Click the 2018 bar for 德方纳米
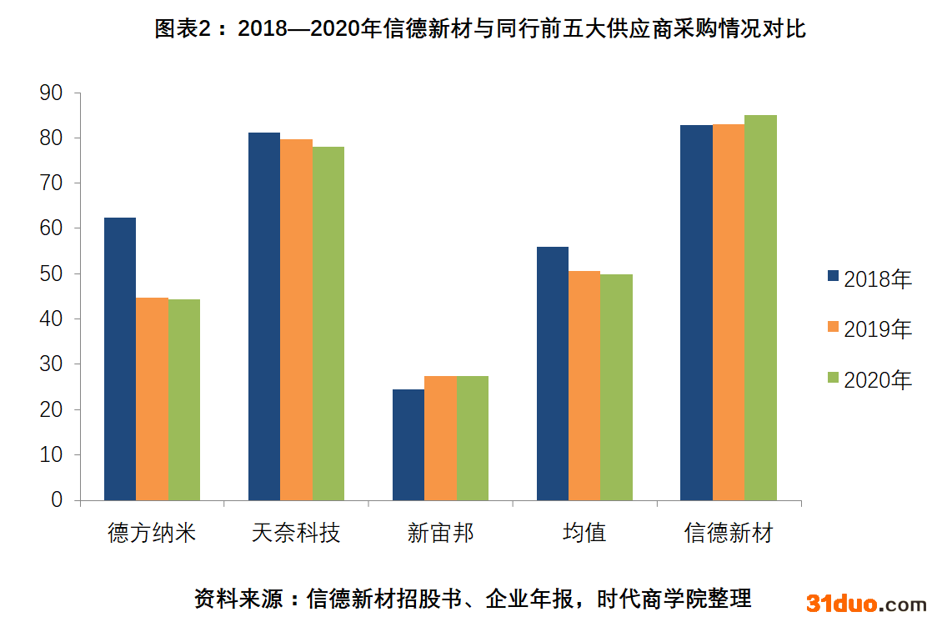[x=120, y=359]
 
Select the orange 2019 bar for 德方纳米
[x=152, y=399]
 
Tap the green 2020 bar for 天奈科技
[x=328, y=324]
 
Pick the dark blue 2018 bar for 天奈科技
[x=264, y=317]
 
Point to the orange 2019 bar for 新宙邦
[x=440, y=438]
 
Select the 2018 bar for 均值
[x=553, y=374]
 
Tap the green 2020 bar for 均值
[x=616, y=387]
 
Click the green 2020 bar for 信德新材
[x=760, y=308]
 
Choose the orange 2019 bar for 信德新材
[x=729, y=312]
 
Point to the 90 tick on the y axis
[x=52, y=93]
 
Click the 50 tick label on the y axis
[x=52, y=273]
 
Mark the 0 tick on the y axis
[x=57, y=499]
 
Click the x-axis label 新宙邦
[x=440, y=533]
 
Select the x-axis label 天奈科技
[x=296, y=533]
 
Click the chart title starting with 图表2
[x=480, y=29]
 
